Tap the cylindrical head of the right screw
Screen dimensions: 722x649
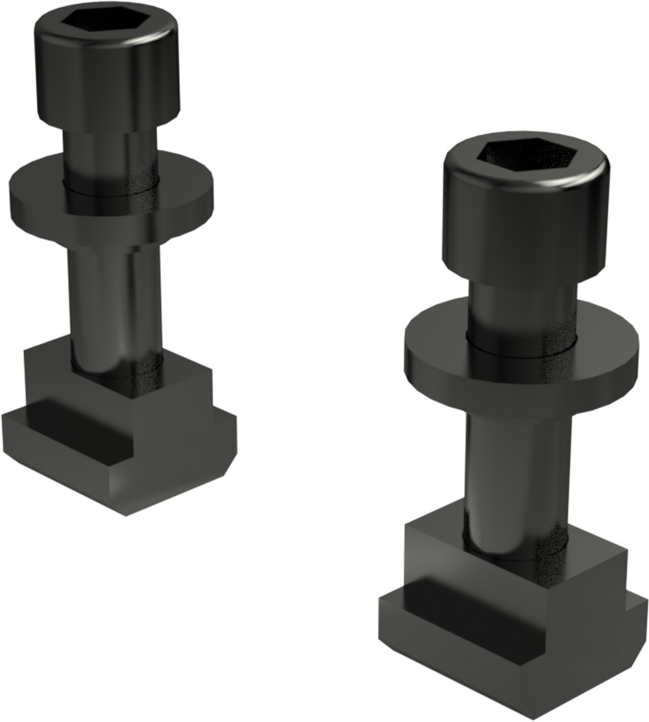click(x=526, y=221)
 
